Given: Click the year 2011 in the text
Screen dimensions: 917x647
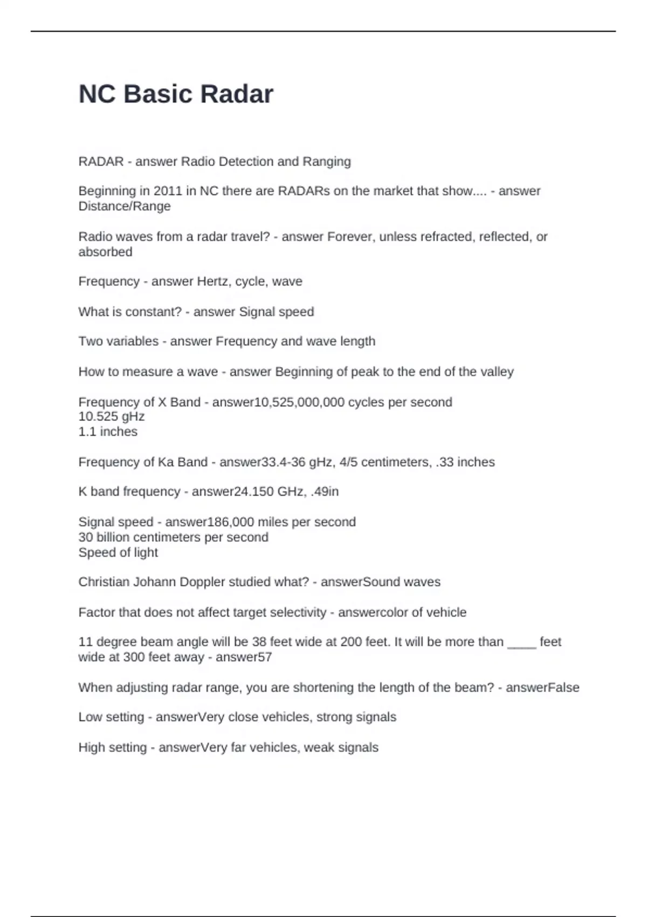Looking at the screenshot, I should click(168, 191).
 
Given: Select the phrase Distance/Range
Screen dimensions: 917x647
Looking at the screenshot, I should click(125, 206).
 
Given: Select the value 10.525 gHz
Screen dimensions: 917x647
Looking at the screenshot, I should click(112, 416).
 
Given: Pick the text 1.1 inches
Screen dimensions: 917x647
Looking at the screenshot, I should click(108, 432).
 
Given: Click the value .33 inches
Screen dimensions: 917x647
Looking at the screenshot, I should click(465, 462).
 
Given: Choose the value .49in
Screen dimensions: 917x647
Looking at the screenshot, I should click(325, 491).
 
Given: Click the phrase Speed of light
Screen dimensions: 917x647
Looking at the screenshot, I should click(118, 552).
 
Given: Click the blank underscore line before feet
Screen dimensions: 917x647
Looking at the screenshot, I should click(521, 643).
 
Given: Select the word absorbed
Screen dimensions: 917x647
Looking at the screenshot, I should click(105, 252).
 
